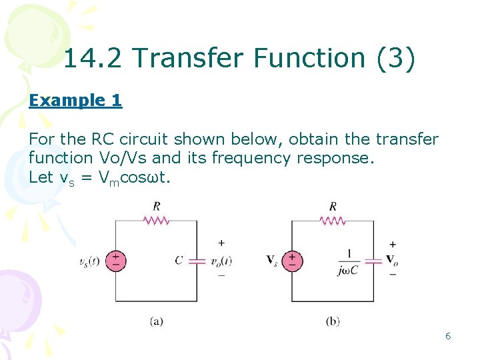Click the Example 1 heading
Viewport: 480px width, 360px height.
75,101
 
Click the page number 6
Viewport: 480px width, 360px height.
448,336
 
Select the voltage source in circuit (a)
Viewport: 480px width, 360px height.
115,261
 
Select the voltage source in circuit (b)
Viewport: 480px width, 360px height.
292,261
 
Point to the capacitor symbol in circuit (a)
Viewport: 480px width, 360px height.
197,261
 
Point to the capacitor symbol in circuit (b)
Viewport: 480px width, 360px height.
373,261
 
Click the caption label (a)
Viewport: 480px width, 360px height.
156,321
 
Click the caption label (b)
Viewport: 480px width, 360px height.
333,321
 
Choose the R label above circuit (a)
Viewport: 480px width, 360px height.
156,205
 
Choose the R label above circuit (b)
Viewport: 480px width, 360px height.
333,205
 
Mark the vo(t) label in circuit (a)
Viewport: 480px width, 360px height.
219,261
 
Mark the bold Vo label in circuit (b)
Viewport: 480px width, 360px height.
393,260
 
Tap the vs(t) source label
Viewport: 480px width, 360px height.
89,261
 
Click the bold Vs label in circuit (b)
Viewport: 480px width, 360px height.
272,261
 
